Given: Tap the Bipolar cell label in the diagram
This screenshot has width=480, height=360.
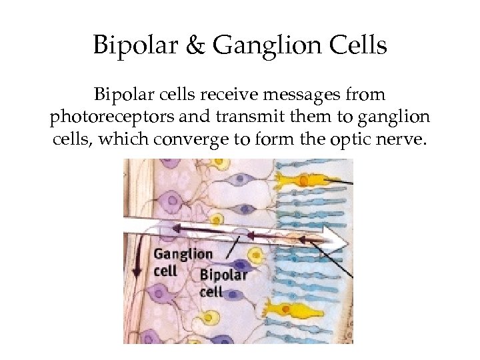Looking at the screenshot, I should (x=223, y=283).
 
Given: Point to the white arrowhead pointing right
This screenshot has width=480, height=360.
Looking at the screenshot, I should (x=337, y=235).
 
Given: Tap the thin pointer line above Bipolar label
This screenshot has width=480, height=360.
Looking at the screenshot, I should (x=233, y=251).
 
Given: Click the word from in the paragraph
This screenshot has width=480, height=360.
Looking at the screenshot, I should (x=366, y=96).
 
